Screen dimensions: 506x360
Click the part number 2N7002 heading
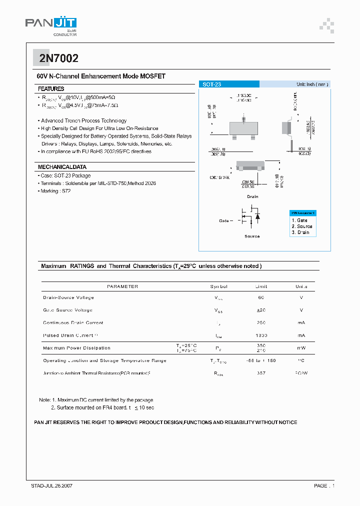pos(58,58)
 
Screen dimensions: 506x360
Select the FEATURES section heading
pos(51,88)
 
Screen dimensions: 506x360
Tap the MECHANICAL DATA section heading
pos(62,167)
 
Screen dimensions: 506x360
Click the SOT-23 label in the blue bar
pos(211,85)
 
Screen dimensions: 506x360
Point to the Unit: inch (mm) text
pos(312,84)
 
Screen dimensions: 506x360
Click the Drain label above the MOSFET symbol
pos(252,196)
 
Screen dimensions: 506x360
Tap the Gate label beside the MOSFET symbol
pos(224,220)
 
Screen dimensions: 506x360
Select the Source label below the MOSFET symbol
pos(252,236)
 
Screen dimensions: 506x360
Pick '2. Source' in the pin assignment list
pos(301,226)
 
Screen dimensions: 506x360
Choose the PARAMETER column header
pos(122,286)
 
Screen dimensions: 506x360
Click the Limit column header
pos(261,286)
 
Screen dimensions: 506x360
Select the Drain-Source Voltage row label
pos(68,297)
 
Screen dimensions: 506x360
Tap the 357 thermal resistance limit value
pos(261,373)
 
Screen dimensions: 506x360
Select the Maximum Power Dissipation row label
pos(76,348)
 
